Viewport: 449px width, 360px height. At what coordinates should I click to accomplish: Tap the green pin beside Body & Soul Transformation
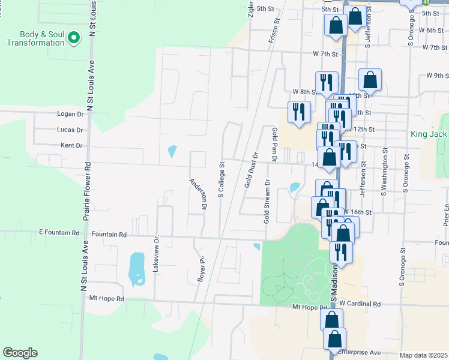click(74, 39)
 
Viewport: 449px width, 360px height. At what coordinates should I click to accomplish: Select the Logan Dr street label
click(70, 113)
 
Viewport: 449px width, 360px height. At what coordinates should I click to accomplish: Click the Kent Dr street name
click(71, 145)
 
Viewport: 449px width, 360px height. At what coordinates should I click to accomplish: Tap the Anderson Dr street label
click(198, 194)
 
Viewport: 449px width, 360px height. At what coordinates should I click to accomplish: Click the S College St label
click(221, 179)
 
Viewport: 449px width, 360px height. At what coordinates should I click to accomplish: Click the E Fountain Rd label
click(59, 232)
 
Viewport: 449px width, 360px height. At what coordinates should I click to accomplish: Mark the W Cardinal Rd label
click(360, 304)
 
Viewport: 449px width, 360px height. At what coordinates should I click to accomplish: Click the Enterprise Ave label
click(360, 352)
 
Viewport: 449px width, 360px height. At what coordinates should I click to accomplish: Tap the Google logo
click(20, 353)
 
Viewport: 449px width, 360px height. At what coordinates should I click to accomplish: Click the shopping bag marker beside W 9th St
click(370, 80)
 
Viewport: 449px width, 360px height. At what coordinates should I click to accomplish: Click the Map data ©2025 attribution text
click(424, 355)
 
